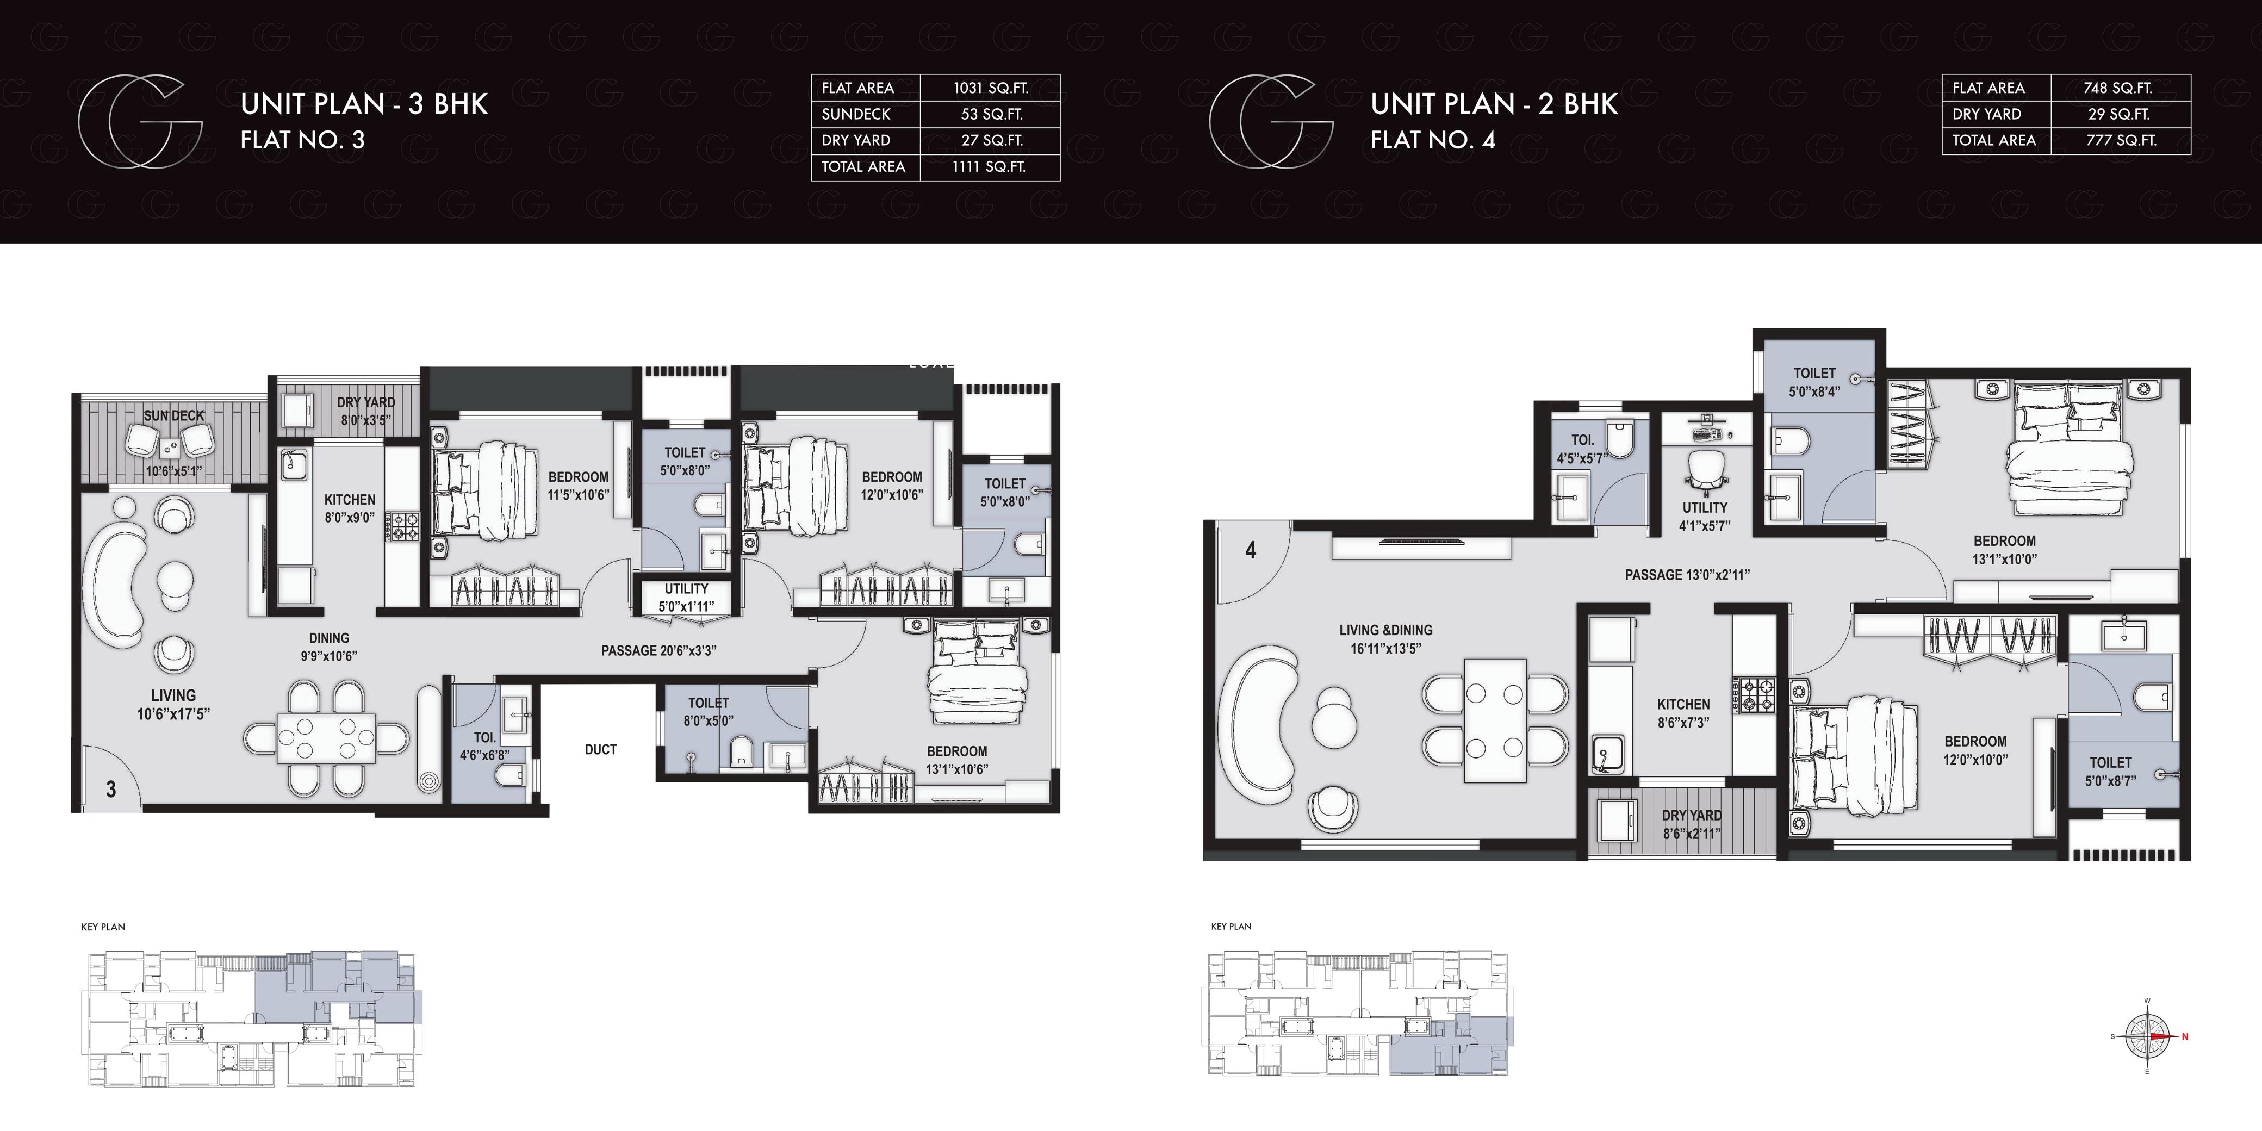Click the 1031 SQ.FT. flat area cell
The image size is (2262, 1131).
pos(991,88)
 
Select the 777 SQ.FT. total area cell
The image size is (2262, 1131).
pos(2121,140)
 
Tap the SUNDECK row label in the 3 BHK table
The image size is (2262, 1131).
pos(856,114)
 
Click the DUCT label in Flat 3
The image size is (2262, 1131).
pos(601,749)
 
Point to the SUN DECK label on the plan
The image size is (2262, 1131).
pos(174,415)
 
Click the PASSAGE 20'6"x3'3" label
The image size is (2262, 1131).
pos(658,651)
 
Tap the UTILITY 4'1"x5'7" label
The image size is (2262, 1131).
pos(1705,517)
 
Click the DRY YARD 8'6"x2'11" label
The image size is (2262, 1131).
pos(1691,824)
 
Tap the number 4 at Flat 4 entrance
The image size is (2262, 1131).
pos(1251,551)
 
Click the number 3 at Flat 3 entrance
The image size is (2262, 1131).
pos(110,790)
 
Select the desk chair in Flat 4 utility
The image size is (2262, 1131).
pos(1707,470)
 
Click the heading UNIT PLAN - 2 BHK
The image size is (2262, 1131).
pos(1495,104)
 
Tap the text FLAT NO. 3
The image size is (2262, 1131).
pos(302,140)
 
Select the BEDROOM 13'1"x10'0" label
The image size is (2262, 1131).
pos(2005,550)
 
